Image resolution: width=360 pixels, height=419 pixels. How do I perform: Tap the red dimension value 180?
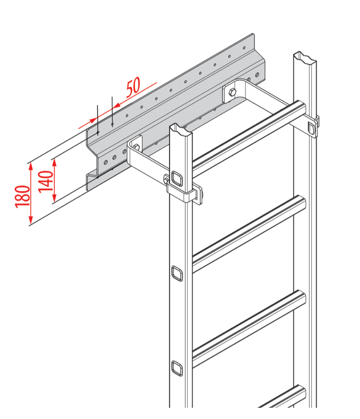[x=23, y=196]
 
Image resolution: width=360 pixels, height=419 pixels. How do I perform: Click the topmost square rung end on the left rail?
[x=177, y=179]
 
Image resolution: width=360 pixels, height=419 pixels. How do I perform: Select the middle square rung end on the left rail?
[x=177, y=273]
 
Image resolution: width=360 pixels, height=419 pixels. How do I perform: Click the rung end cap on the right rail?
[x=311, y=127]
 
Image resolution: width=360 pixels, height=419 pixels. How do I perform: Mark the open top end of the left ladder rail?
[x=181, y=130]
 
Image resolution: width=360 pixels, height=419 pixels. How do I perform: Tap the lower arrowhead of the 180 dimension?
[x=30, y=222]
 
